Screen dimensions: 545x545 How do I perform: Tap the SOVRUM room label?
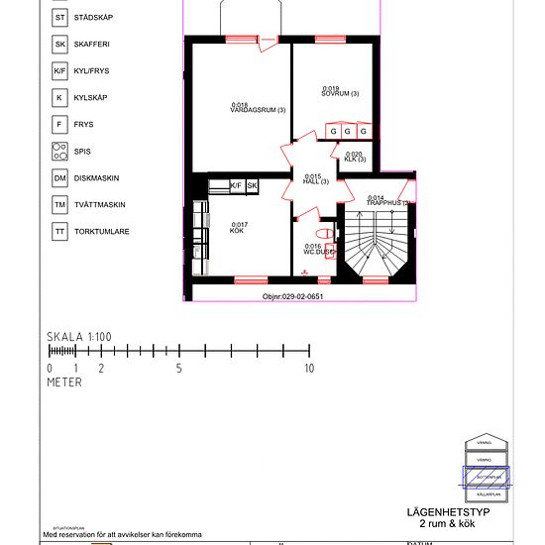pos(340,91)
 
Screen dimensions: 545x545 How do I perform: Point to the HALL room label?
pos(316,179)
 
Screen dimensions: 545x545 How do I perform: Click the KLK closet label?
pos(355,157)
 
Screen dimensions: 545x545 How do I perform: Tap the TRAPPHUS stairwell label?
pos(388,200)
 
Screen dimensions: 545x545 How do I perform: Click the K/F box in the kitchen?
pos(236,185)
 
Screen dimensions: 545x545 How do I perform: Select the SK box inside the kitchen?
pos(252,185)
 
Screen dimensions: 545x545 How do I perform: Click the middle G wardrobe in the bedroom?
pos(349,131)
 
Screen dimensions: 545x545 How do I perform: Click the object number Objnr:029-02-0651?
pos(292,296)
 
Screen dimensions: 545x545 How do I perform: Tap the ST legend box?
pos(60,18)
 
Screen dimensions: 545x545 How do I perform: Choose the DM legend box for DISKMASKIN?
pos(60,178)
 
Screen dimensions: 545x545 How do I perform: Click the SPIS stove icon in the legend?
pos(60,152)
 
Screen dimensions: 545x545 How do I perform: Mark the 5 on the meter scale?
pos(179,368)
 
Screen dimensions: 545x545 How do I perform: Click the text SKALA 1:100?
pos(79,337)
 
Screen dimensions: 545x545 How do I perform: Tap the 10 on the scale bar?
pos(309,368)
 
